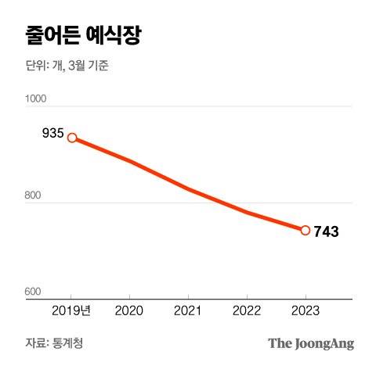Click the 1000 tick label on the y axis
(x=36, y=99)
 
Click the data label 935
(x=52, y=133)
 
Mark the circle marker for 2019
(x=72, y=138)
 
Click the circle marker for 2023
(x=305, y=230)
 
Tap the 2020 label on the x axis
(x=130, y=310)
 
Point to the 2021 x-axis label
(x=189, y=310)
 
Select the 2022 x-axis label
(x=247, y=310)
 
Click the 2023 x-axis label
(x=305, y=310)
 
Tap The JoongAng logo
(x=311, y=343)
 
